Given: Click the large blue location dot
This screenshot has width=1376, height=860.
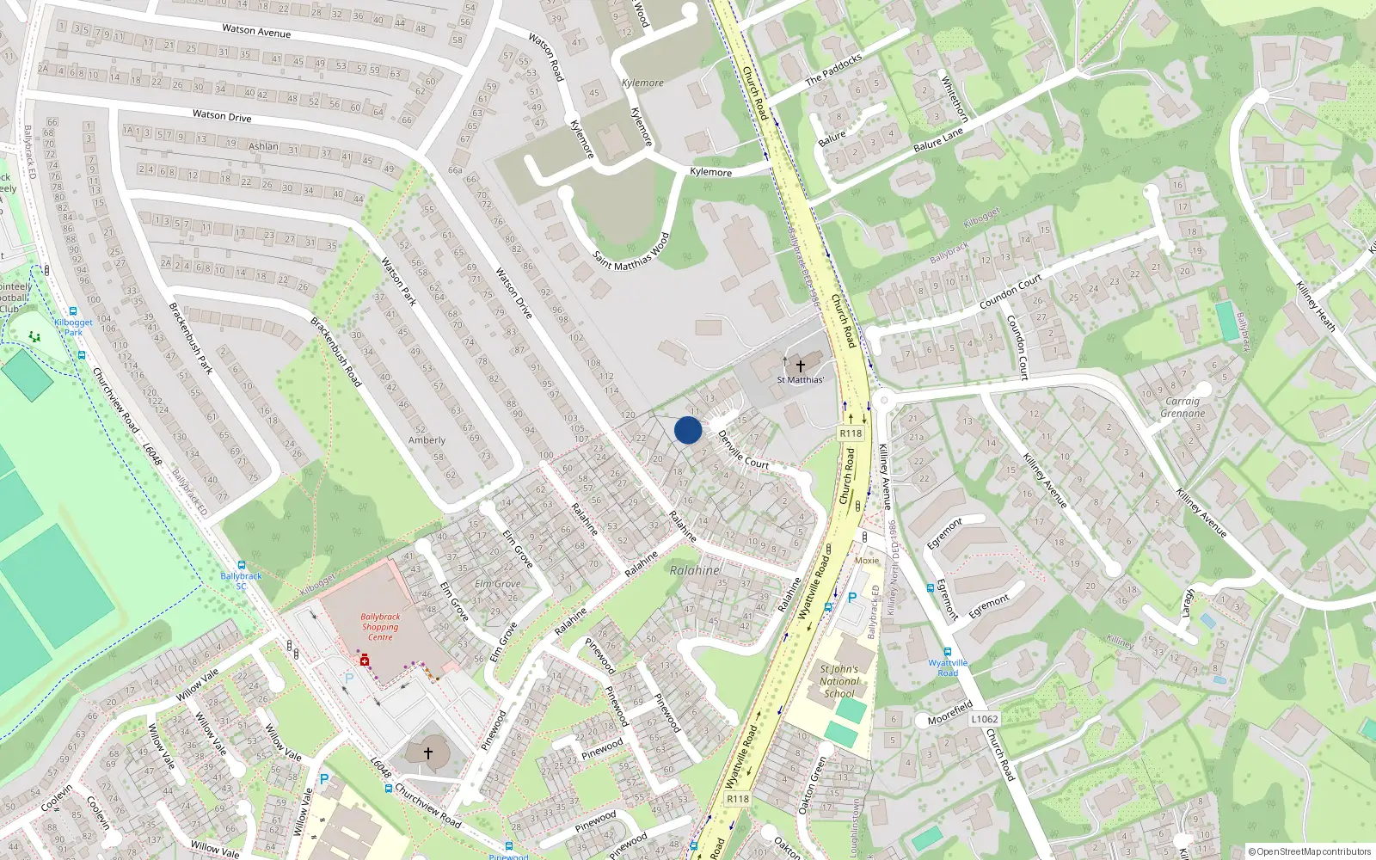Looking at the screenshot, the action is coord(688,430).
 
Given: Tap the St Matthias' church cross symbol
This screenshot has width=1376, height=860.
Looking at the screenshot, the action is coord(800,366).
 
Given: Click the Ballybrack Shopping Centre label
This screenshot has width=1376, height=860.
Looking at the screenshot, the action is coord(380,627).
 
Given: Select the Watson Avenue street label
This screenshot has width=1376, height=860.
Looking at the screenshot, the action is coord(256,31).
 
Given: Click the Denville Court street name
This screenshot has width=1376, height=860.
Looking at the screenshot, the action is coord(743,450).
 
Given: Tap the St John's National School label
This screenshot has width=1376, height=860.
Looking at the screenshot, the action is coord(839,681).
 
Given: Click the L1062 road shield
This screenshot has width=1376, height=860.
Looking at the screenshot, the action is coord(985,719).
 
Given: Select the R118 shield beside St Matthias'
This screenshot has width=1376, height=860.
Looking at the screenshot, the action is coord(851,433).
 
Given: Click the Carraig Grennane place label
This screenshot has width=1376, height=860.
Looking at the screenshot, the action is coord(1182,407).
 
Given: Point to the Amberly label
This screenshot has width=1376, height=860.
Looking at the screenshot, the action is coord(427,440).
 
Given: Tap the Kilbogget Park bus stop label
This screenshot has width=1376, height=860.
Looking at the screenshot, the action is coord(73,327).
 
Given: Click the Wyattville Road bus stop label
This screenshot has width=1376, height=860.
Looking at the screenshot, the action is coord(948,667).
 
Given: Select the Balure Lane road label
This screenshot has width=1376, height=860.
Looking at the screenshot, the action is coord(938,140).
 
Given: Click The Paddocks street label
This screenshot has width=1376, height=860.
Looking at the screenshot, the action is coord(833,70).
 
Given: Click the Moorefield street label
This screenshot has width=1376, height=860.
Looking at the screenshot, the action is coord(949,713).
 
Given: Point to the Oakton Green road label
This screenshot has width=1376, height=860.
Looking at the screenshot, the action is coord(812,785).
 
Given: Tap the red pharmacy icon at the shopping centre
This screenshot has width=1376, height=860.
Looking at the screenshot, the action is coord(365,660).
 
